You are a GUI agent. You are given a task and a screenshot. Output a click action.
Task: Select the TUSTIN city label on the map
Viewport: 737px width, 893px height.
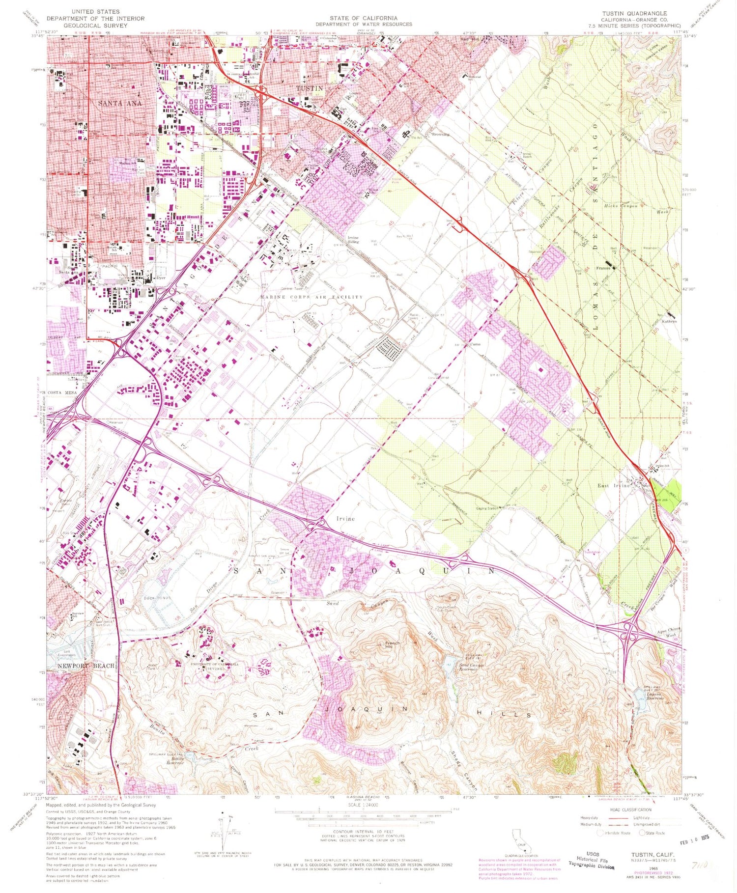point(310,88)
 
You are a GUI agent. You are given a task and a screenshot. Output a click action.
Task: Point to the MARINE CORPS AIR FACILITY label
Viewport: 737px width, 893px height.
point(311,297)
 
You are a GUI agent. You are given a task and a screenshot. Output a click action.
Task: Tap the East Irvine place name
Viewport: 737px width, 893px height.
point(614,486)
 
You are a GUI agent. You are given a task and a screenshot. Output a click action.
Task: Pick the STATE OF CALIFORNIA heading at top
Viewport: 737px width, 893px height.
point(364,18)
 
